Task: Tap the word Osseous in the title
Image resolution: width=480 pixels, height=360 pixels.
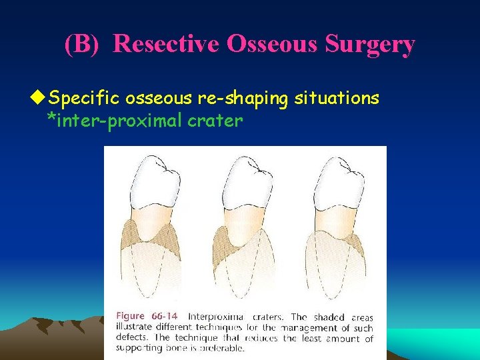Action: [267, 44]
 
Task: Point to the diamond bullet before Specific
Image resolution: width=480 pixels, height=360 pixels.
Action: [42, 99]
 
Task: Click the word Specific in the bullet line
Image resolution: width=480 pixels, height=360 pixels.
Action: [86, 99]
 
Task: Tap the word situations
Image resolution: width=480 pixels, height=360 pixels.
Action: [337, 99]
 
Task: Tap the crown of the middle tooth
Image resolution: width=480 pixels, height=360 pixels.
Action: [247, 180]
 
